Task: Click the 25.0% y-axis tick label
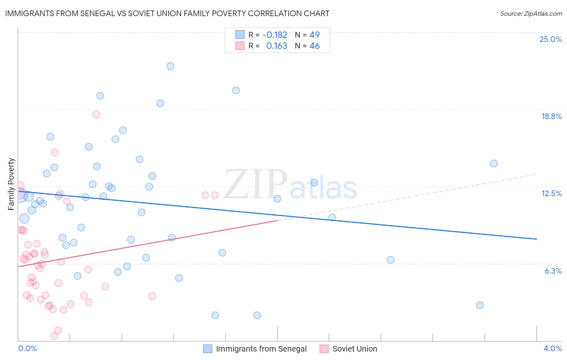(550, 39)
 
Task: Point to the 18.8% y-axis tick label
(551, 116)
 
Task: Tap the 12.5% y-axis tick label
(551, 193)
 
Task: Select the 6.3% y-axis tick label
(553, 271)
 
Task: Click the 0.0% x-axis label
(27, 348)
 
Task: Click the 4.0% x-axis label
(552, 348)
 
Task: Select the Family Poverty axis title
(11, 184)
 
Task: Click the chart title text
(167, 13)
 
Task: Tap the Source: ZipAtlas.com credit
(531, 13)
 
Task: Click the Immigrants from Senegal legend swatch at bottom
(208, 349)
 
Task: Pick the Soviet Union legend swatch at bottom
(324, 349)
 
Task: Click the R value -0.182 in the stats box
(275, 35)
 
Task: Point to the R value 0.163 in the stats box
(277, 46)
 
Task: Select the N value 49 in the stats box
(315, 35)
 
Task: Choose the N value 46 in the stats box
(315, 46)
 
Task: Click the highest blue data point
(170, 66)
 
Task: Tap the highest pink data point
(96, 115)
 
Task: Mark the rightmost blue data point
(494, 163)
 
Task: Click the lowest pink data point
(54, 336)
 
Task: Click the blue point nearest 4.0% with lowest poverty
(479, 305)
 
